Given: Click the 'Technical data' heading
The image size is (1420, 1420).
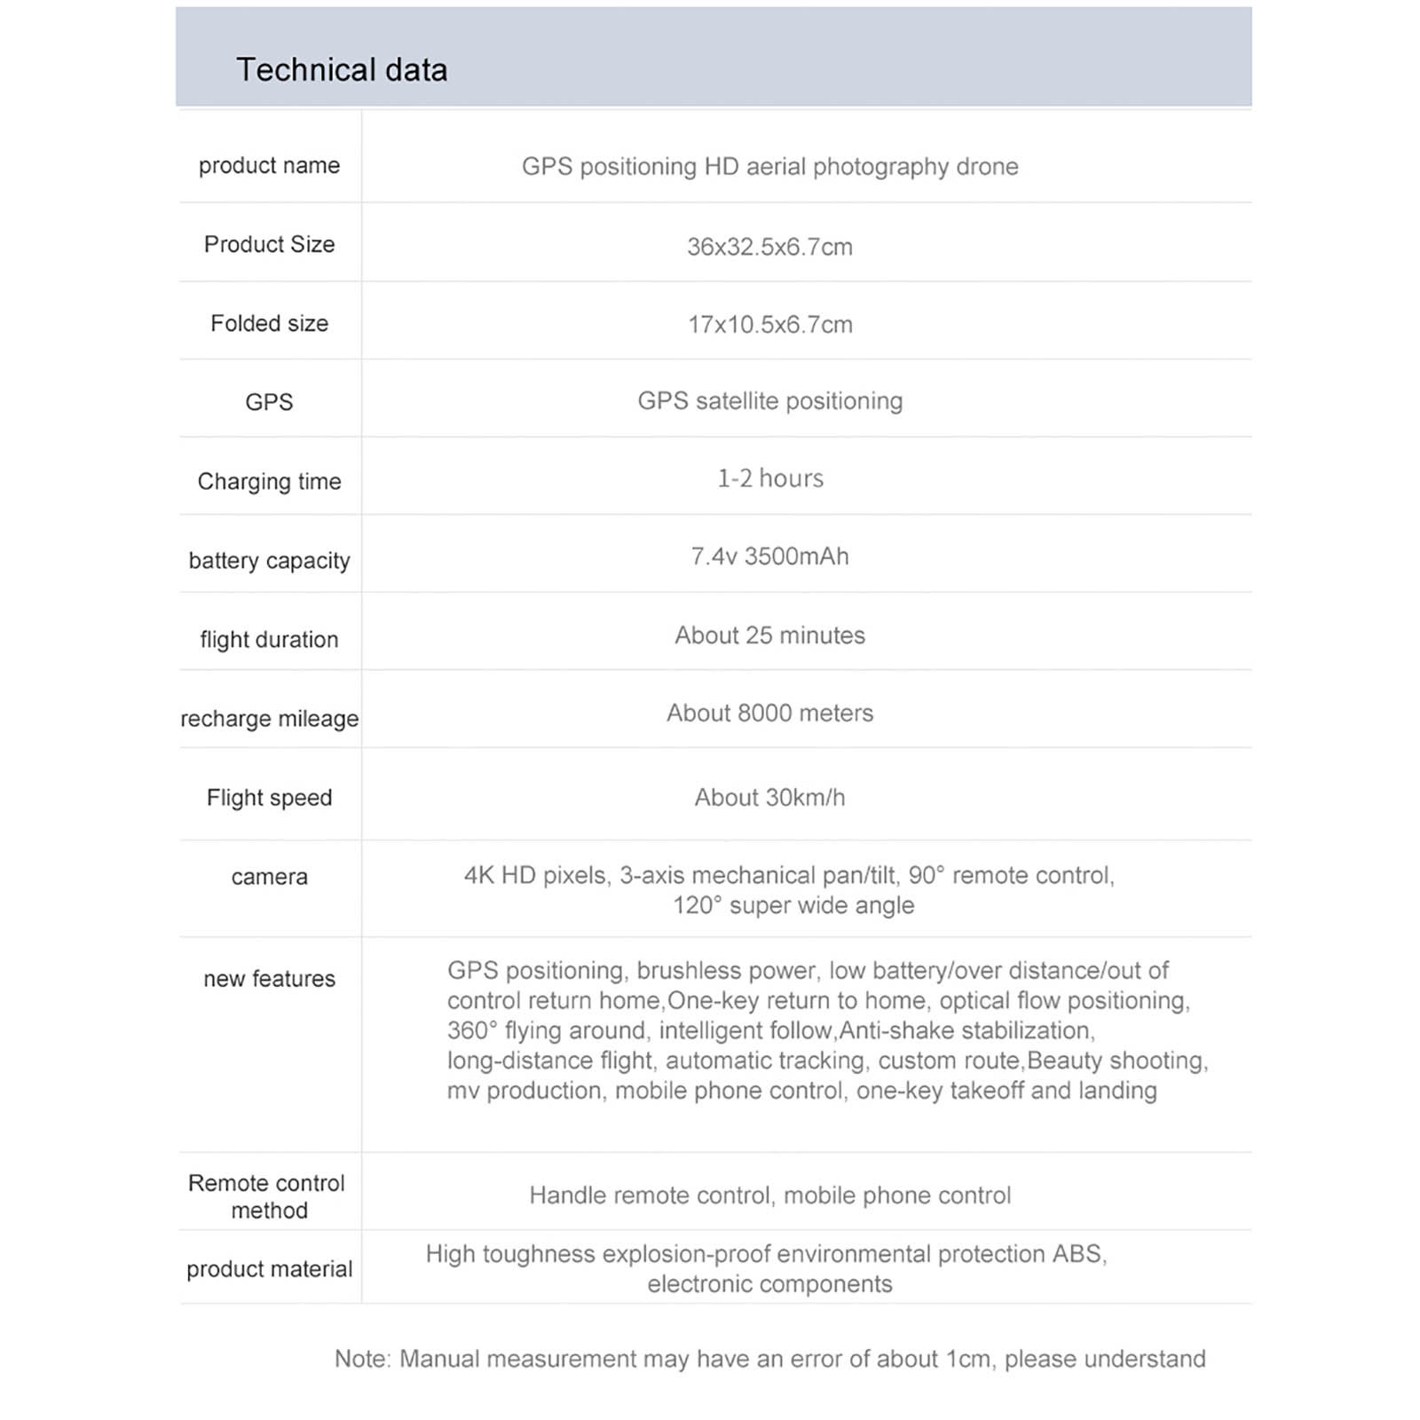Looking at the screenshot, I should [x=342, y=70].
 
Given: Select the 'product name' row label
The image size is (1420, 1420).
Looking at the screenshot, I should [x=269, y=166].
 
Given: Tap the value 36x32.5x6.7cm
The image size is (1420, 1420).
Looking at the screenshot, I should [x=769, y=247].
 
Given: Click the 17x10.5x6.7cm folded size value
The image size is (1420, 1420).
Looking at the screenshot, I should [x=769, y=325].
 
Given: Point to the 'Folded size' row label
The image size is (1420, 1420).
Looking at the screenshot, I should [x=269, y=324].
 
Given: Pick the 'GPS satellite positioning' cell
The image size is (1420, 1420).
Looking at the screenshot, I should [x=769, y=401].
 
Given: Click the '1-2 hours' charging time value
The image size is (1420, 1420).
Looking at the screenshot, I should [x=769, y=479].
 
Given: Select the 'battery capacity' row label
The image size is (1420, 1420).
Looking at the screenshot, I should [x=269, y=561].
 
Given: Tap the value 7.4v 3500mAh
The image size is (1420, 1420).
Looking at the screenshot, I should [x=769, y=556].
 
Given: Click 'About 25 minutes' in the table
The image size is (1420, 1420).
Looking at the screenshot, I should [x=769, y=635].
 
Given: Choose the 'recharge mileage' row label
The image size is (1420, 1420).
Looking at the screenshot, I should [x=269, y=719].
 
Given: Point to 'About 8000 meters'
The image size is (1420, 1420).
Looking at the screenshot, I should [x=769, y=714].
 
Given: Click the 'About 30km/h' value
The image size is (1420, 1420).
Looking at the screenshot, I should [x=769, y=798].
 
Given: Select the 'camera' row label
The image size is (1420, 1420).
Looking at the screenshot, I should [x=269, y=877].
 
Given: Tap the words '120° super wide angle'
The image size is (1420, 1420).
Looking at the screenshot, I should [x=793, y=906].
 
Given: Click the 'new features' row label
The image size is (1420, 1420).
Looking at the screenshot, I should [x=269, y=979].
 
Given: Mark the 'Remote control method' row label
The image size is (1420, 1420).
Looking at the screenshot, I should [x=267, y=1196].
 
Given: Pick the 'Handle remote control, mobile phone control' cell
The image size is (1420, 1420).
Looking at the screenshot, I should [x=769, y=1195].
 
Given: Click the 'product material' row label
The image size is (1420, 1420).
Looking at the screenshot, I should [x=269, y=1269].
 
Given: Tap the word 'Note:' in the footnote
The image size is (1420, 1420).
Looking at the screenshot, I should [x=362, y=1359].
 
